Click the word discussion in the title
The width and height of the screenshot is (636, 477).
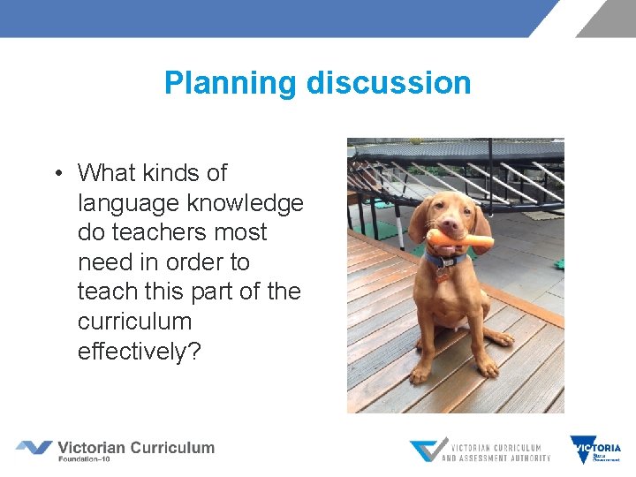(389, 84)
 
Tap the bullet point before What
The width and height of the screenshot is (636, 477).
(56, 173)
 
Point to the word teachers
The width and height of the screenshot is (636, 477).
(159, 233)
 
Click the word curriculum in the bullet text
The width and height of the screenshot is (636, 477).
(134, 322)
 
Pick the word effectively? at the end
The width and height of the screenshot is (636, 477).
(140, 352)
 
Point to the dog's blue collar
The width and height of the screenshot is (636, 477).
(446, 261)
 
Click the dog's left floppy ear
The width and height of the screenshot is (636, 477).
(420, 221)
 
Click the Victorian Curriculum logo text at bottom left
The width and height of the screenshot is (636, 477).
(135, 447)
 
